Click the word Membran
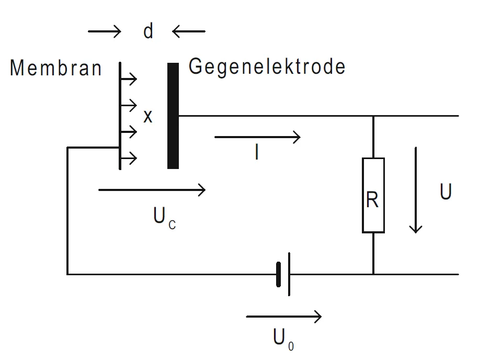click(x=55, y=69)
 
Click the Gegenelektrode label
click(x=267, y=67)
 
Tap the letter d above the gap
click(x=149, y=32)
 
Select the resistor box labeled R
click(x=373, y=195)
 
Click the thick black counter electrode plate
click(x=173, y=116)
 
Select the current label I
click(x=256, y=152)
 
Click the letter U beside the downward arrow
click(x=446, y=193)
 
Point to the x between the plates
click(x=148, y=117)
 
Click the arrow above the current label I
click(x=257, y=138)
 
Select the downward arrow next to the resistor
click(x=416, y=190)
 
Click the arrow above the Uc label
click(x=152, y=190)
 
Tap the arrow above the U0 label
click(x=283, y=316)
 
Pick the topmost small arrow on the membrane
click(x=129, y=80)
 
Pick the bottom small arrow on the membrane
click(x=129, y=157)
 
